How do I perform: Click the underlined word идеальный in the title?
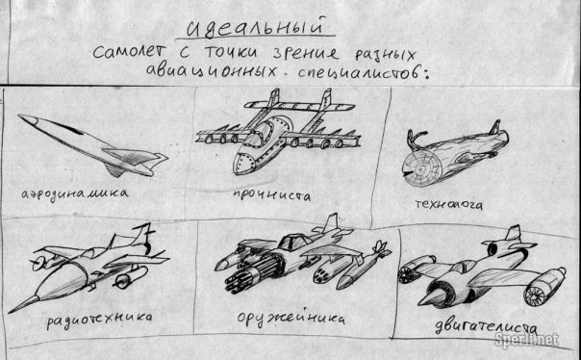coord(254,27)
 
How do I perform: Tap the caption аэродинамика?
coord(75,193)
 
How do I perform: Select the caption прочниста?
coord(272,195)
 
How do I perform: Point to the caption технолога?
coord(448,204)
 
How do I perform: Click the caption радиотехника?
coord(99,320)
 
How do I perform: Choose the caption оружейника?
coord(290,320)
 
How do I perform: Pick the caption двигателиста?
coord(486,327)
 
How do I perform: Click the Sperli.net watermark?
coord(526,339)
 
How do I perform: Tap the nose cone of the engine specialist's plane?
coord(430,297)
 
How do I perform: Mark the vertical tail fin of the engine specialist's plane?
coord(514,234)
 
